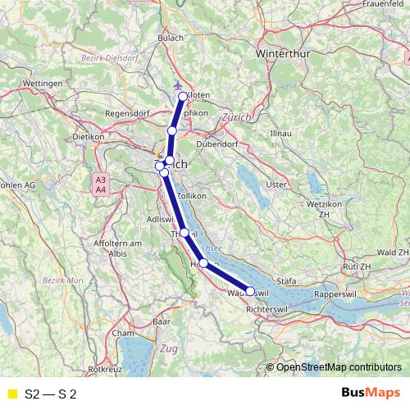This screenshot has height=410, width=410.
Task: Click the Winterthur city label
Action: [x=286, y=53]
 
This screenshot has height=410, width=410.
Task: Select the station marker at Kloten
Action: [x=183, y=97]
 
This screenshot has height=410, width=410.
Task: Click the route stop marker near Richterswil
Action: [x=249, y=291]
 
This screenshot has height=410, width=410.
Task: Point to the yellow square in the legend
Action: [x=11, y=394]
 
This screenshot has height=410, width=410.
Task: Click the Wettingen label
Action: [x=44, y=84]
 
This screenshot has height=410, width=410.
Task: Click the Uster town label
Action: [x=276, y=184]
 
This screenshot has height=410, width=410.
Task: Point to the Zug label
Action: [x=169, y=349]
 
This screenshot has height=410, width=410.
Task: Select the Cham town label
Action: [x=123, y=334]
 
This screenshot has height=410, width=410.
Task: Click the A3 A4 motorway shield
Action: [x=100, y=184]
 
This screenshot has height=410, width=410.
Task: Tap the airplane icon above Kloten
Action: [x=180, y=84]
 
